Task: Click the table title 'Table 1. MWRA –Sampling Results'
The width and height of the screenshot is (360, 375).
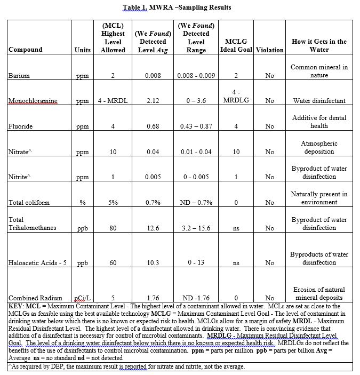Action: [x=177, y=7]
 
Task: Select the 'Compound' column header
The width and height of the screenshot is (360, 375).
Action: [x=26, y=50]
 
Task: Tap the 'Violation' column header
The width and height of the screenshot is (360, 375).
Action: [x=269, y=50]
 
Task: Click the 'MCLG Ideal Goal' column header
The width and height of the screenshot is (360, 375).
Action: [x=236, y=46]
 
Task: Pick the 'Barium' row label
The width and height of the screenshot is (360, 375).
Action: [x=19, y=76]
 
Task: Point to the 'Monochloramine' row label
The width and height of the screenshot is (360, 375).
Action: [x=33, y=101]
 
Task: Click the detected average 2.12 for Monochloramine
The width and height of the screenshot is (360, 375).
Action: [x=153, y=101]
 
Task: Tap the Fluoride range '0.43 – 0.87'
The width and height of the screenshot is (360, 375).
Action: [x=196, y=126]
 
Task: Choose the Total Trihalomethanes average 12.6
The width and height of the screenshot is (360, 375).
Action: [x=153, y=228]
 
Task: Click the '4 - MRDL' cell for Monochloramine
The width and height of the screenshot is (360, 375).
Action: [x=113, y=101]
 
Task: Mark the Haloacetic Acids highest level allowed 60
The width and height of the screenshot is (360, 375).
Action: [x=113, y=263]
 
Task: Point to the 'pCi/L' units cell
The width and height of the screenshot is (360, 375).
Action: [x=83, y=298]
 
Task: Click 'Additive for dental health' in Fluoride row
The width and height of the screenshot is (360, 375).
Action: [x=319, y=122]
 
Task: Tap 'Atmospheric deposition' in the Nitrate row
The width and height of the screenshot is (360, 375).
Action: [x=319, y=147]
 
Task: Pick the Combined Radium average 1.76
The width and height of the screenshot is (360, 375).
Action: [x=153, y=298]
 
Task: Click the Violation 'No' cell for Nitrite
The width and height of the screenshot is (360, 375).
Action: [x=269, y=177]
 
